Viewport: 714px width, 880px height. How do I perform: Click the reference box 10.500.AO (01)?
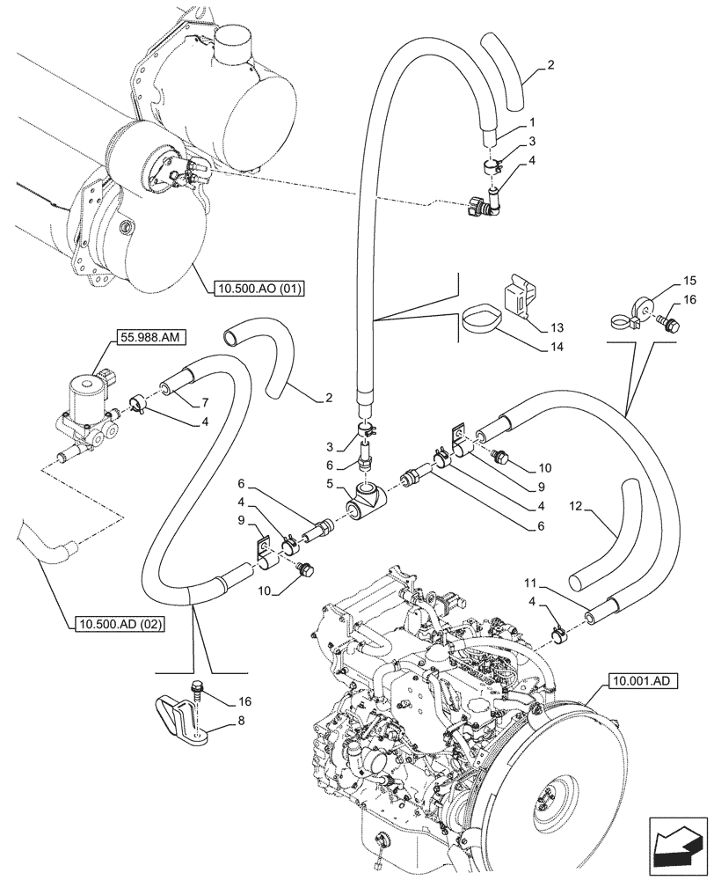257,287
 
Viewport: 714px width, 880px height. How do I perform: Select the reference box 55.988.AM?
144,336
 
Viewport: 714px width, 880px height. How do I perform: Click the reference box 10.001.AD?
639,680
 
